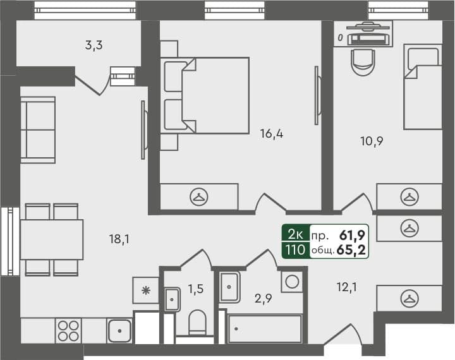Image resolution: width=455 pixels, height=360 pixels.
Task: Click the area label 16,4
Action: [271, 133]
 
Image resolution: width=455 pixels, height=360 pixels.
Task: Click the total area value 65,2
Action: [353, 249]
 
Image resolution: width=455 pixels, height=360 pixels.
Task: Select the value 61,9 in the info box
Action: [353, 235]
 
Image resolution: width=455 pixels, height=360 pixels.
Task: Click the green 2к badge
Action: [295, 235]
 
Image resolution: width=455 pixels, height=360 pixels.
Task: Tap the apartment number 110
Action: [295, 249]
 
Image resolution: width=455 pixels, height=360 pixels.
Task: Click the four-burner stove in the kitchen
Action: [69, 331]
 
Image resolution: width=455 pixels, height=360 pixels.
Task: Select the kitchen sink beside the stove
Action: [119, 330]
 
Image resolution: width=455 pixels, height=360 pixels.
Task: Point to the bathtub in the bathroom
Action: [265, 329]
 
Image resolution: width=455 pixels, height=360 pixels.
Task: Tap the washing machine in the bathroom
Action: [293, 280]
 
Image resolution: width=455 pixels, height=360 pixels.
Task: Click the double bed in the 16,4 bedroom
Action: [205, 95]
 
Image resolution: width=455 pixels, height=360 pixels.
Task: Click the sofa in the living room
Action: [37, 129]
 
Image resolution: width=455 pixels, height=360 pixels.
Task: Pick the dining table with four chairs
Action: [51, 239]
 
